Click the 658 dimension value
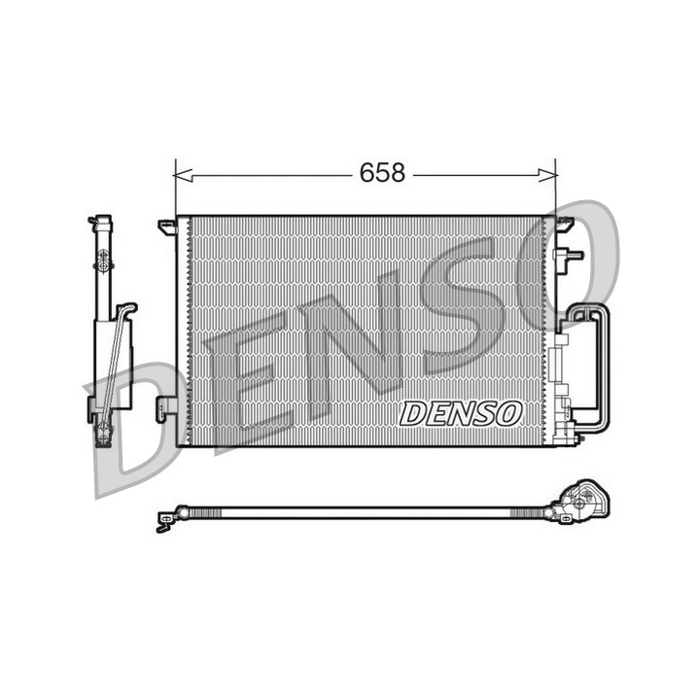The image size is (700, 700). coord(383,173)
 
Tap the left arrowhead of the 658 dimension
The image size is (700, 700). coord(183,175)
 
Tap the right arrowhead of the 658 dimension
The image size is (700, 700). coord(547,175)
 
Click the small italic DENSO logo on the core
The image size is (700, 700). coord(460,413)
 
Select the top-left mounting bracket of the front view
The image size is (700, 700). coord(168,227)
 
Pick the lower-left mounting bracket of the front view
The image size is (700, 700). coord(166,409)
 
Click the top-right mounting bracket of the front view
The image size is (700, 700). coord(564,224)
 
